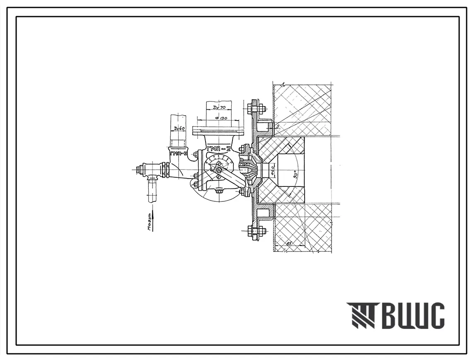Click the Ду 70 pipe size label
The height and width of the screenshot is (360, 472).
coord(219,108)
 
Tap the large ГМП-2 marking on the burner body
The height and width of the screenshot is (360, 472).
coord(218,148)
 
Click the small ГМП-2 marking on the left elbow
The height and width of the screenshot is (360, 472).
coord(179,153)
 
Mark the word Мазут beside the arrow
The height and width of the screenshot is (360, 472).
coord(150,222)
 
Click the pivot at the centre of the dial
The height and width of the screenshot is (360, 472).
coord(219,169)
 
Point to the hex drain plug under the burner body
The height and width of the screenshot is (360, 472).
coord(219,191)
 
